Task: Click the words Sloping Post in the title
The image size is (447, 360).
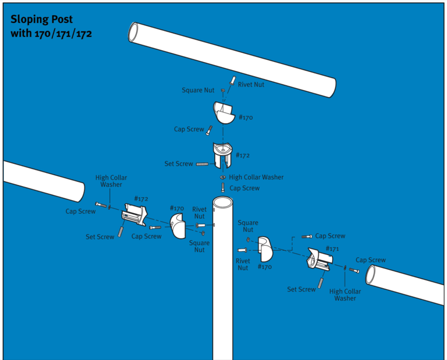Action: (x=41, y=20)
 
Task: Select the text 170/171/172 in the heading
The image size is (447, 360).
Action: (x=63, y=34)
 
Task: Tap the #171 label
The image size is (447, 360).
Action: (x=333, y=249)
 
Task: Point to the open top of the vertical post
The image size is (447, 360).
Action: (x=223, y=202)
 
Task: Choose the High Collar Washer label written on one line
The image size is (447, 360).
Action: (x=256, y=177)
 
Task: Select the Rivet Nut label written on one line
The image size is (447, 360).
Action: (x=251, y=84)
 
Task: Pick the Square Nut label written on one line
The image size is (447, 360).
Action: (x=198, y=90)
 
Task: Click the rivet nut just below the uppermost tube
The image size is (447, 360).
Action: (x=233, y=81)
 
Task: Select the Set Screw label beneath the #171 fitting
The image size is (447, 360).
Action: (x=301, y=289)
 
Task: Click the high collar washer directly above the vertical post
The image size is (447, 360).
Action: (x=223, y=177)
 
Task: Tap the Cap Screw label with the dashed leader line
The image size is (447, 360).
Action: (x=330, y=236)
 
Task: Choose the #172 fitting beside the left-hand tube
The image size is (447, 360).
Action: (x=135, y=214)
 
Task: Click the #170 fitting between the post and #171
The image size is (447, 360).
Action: (x=265, y=249)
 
